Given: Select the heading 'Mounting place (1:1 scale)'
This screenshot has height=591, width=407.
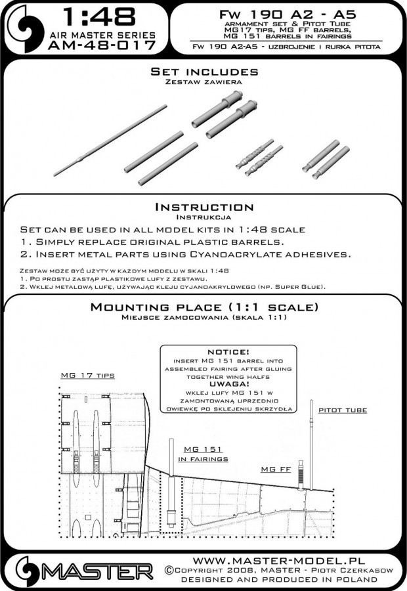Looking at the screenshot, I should pyautogui.click(x=204, y=307).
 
